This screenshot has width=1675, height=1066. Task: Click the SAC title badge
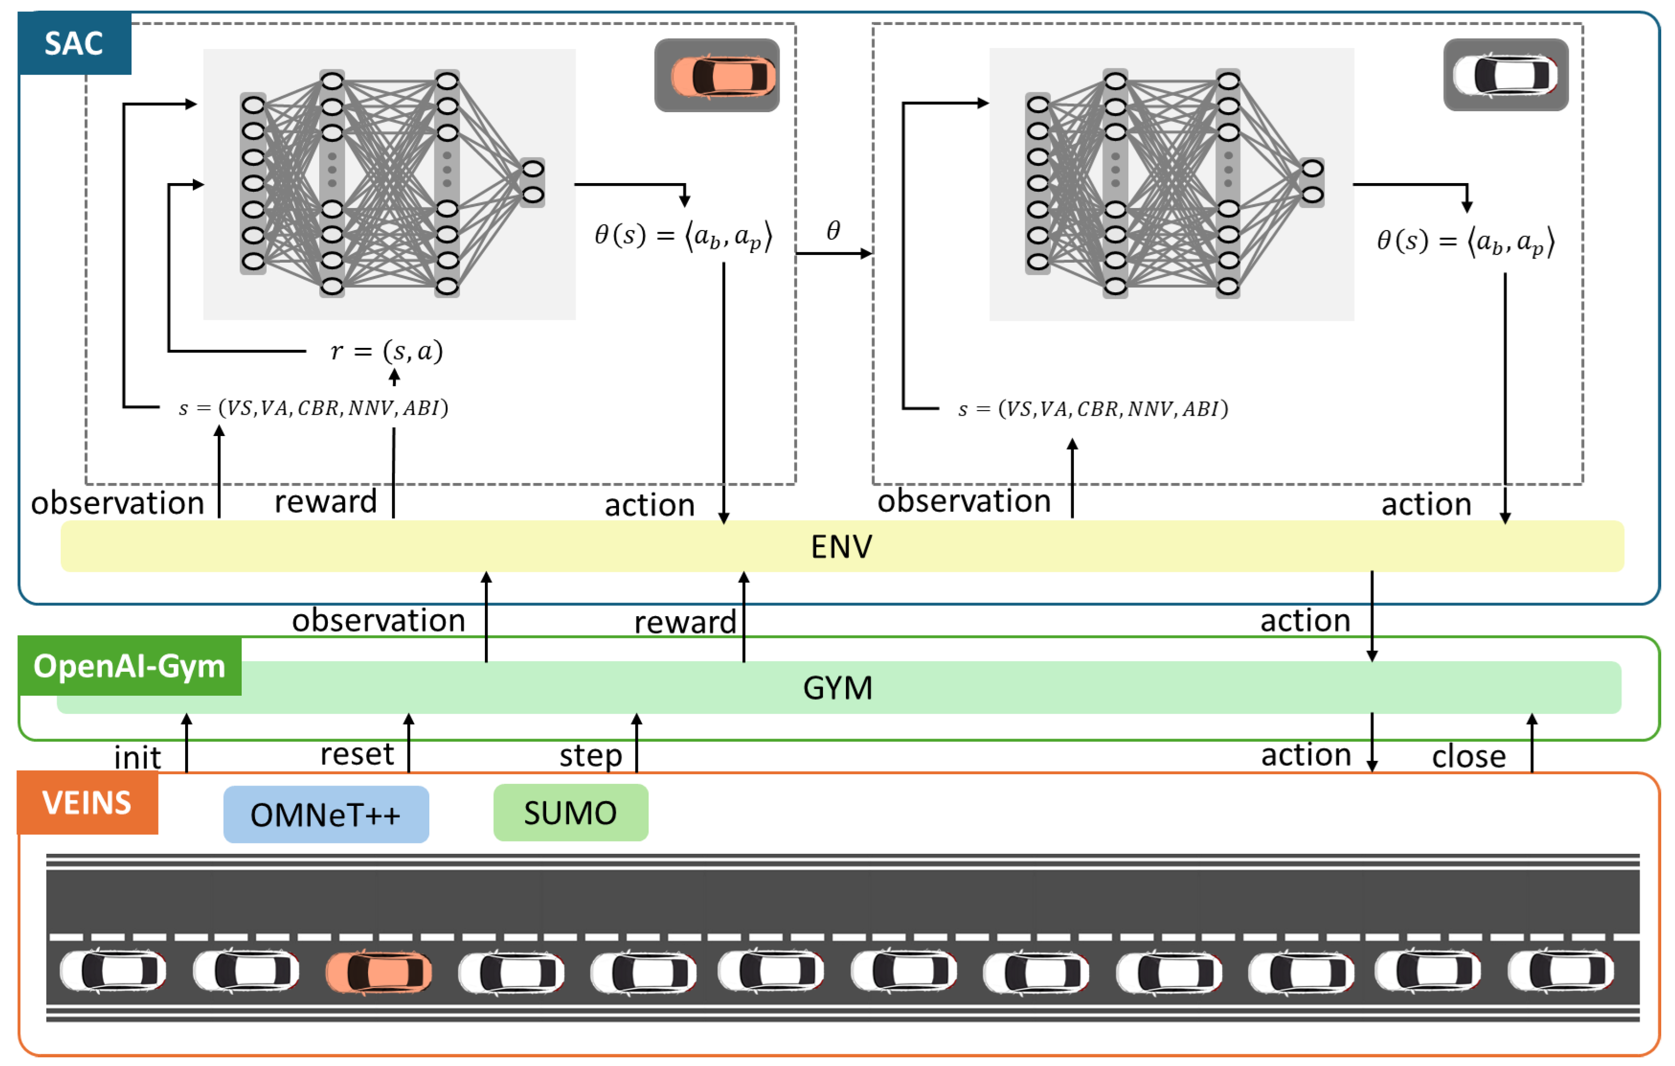click(x=75, y=43)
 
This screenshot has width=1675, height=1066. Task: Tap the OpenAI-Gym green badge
click(x=130, y=666)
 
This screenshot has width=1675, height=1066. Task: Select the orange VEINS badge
click(x=88, y=802)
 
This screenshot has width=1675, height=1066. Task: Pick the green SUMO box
click(x=571, y=813)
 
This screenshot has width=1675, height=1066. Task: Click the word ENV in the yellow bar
click(x=841, y=547)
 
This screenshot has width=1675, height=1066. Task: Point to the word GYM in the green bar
click(x=837, y=688)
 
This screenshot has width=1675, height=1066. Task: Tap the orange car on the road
click(x=379, y=971)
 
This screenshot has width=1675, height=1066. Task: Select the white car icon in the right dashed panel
click(x=1506, y=74)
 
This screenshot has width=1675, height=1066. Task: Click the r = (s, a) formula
click(x=386, y=351)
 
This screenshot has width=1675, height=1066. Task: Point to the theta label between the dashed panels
click(x=833, y=231)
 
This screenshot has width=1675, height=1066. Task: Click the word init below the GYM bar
click(x=138, y=757)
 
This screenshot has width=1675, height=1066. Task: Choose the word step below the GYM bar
click(x=590, y=756)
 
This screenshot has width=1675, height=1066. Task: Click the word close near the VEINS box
click(x=1469, y=756)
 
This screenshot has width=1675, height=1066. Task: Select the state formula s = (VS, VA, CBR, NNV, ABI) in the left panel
click(x=314, y=408)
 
